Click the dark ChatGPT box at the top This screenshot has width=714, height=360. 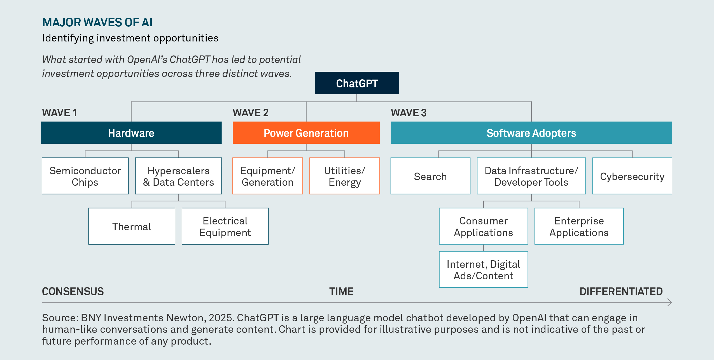click(357, 83)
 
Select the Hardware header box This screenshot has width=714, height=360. click(131, 133)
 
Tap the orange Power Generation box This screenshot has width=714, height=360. click(306, 133)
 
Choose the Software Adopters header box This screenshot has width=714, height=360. click(531, 133)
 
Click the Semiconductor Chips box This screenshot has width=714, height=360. click(85, 176)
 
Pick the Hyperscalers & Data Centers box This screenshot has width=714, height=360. click(178, 176)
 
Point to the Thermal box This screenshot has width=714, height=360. click(132, 226)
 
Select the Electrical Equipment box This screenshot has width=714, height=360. click(225, 226)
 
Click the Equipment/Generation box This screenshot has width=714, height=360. click(268, 176)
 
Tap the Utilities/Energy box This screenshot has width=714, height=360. click(345, 176)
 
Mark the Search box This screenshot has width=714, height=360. click(430, 176)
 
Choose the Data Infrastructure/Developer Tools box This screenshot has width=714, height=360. click(531, 176)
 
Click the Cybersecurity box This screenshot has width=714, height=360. click(632, 176)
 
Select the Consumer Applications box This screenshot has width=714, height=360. click(484, 226)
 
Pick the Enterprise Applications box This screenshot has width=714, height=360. click(579, 226)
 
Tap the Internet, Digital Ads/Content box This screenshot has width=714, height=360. click(484, 270)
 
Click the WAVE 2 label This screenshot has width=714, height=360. click(251, 113)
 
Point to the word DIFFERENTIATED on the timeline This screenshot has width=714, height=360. click(621, 291)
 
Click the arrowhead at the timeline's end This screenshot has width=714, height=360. click(669, 302)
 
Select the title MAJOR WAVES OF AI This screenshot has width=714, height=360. click(97, 22)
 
